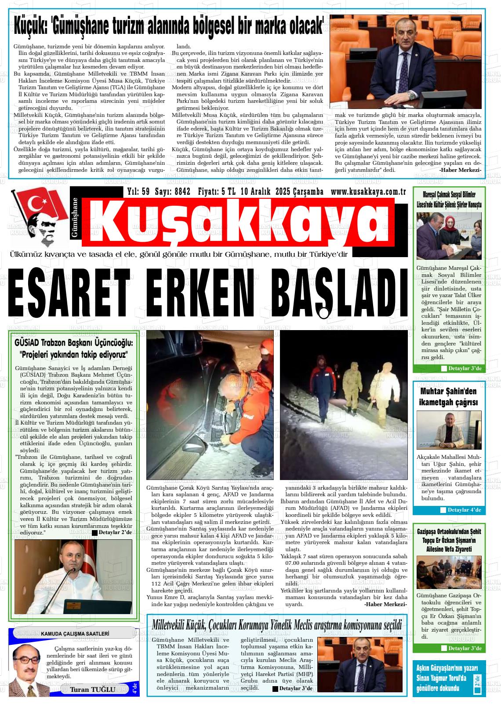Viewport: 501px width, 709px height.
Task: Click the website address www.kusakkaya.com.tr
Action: (368, 192)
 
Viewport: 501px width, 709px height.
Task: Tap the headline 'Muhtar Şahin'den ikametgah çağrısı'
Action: (448, 396)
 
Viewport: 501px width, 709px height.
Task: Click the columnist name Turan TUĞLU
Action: (93, 689)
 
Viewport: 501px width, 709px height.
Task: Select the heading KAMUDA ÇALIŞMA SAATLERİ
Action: (75, 633)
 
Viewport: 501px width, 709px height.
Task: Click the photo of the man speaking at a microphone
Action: (73, 577)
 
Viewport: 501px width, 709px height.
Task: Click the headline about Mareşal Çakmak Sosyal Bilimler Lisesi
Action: (449, 200)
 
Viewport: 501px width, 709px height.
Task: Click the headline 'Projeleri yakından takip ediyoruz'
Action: (73, 354)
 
